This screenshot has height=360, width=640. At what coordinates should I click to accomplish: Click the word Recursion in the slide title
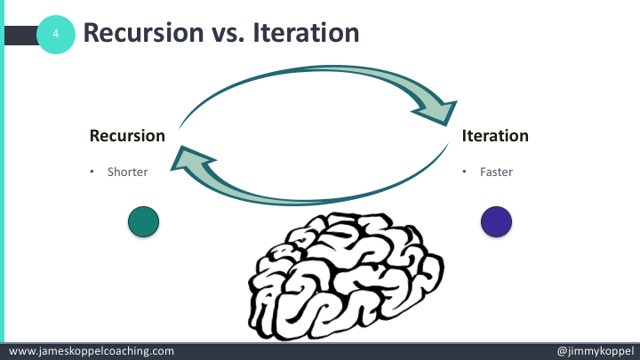[x=138, y=34]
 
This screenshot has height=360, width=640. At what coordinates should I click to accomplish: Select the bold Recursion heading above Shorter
[x=127, y=136]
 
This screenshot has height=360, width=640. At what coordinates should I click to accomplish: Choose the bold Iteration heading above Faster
[x=495, y=136]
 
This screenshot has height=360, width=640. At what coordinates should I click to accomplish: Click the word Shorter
[x=127, y=172]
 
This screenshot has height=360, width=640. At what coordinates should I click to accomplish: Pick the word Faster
[x=497, y=172]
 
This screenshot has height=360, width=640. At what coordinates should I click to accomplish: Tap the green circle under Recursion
[x=143, y=221]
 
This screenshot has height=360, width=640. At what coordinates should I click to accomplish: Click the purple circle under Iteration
[x=496, y=221]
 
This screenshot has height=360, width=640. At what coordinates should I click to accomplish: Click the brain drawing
[x=346, y=277]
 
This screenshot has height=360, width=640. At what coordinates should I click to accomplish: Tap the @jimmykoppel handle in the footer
[x=593, y=351]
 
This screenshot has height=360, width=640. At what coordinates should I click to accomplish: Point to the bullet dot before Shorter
[x=92, y=172]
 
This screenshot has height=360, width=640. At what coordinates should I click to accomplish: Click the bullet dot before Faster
[x=464, y=172]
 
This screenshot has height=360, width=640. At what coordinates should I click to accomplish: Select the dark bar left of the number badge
[x=21, y=34]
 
